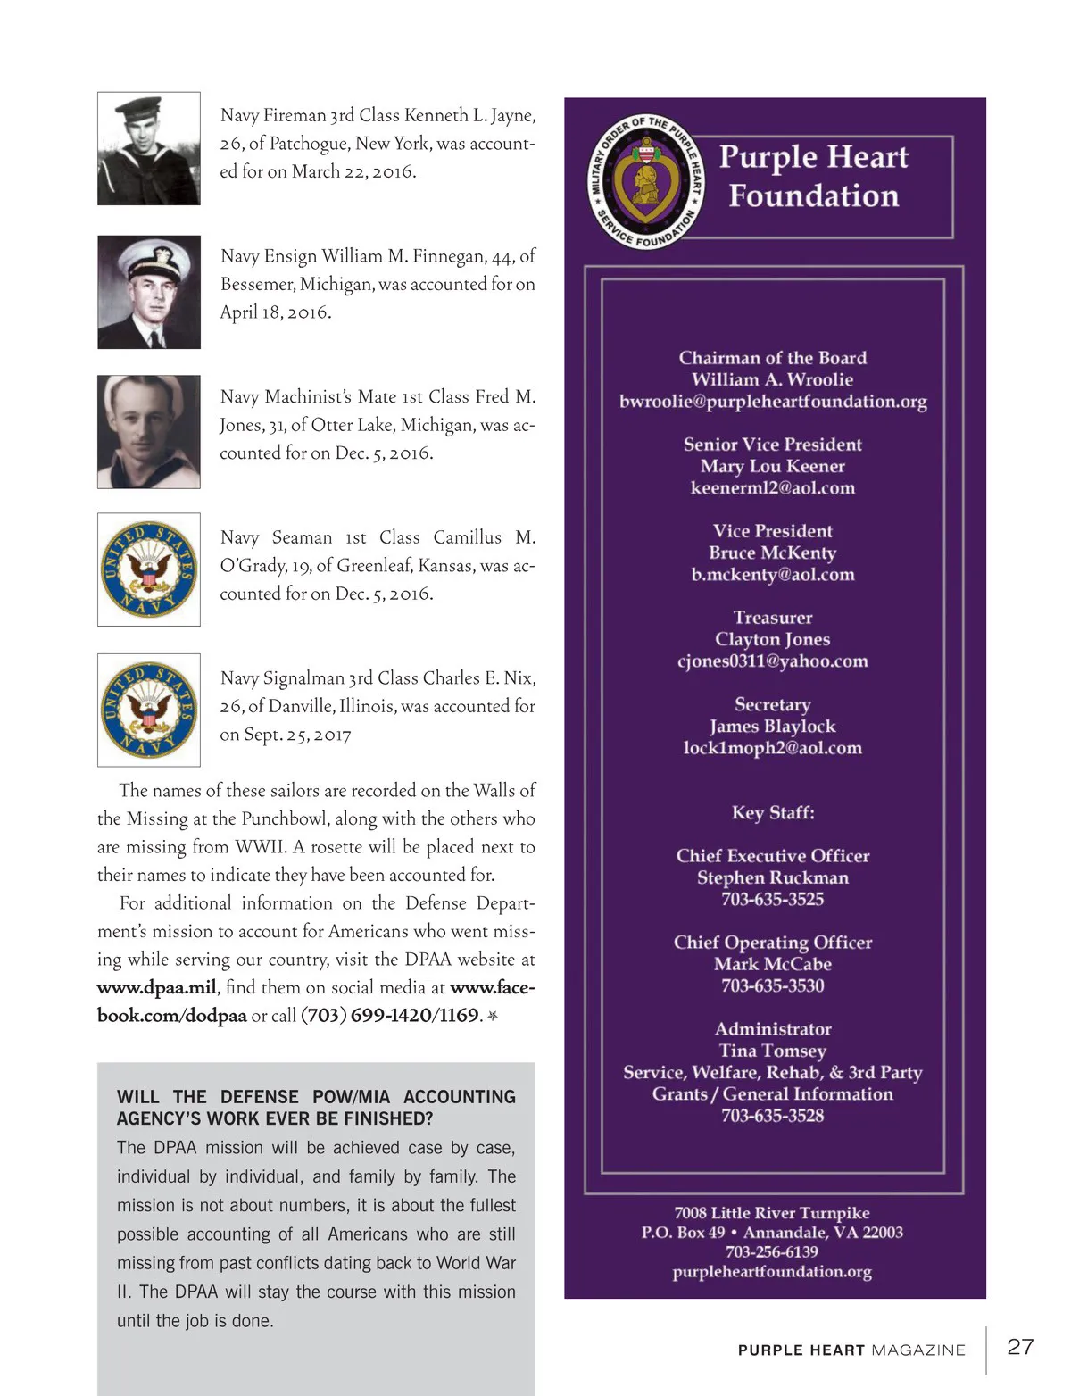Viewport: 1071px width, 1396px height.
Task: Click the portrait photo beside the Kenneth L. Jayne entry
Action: [x=149, y=149]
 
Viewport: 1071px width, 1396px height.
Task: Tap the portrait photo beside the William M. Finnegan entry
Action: [x=149, y=292]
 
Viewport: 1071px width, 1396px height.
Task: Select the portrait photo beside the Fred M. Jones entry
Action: [x=149, y=432]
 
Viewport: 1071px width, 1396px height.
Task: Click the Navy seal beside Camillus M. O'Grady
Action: [x=149, y=569]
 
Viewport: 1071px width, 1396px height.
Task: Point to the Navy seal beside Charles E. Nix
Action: [x=149, y=710]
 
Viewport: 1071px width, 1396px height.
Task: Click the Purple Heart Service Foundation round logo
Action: [x=647, y=182]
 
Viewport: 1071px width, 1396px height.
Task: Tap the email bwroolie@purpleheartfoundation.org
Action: [x=773, y=402]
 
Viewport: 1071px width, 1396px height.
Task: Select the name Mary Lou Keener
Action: [x=773, y=466]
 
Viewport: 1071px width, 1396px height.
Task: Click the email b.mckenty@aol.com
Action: [x=773, y=575]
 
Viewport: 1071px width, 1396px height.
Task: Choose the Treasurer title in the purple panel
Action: [x=773, y=618]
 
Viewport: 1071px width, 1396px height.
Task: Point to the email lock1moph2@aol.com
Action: [x=773, y=748]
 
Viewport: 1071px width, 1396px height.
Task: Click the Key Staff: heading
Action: [x=773, y=812]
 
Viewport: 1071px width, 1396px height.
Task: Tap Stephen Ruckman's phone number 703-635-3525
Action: [x=773, y=899]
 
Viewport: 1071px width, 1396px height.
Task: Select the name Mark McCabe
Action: [x=773, y=964]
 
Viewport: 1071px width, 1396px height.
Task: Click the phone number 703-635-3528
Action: [x=773, y=1116]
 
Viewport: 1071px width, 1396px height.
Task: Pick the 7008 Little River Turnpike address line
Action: [x=772, y=1213]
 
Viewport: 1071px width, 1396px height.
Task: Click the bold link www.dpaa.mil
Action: [x=156, y=988]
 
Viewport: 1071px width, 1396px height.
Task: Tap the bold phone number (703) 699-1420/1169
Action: [x=390, y=1016]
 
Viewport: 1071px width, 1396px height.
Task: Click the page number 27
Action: [x=1020, y=1347]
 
